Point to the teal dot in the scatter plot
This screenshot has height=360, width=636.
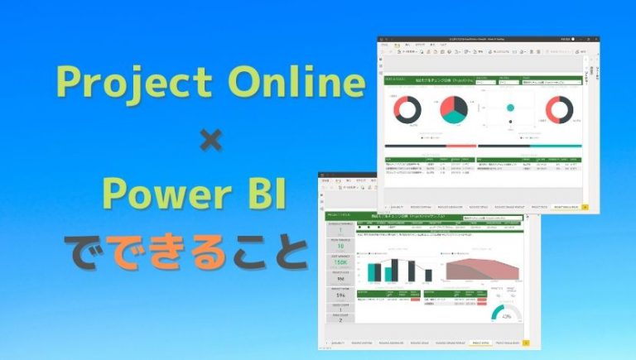510,107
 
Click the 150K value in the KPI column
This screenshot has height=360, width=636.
340,262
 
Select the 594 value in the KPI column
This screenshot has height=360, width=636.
340,295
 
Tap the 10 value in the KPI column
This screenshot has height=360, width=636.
340,246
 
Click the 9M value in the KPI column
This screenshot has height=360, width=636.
340,279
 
